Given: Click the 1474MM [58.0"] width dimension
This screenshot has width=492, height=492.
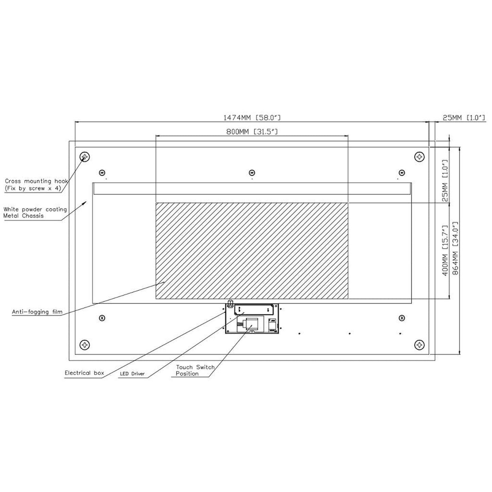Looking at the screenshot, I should [x=252, y=118].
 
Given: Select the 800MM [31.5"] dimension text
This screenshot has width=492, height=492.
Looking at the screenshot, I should [x=252, y=132].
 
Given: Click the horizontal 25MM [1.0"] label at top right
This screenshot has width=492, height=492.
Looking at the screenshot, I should [x=463, y=118].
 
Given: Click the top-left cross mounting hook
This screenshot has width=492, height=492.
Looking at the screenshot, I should [x=84, y=157].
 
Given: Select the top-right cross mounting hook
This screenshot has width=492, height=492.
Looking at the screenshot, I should [x=419, y=157].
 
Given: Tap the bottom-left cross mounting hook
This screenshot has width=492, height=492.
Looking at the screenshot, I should [x=84, y=345].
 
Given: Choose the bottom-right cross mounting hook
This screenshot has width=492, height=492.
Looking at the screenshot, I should [x=419, y=345].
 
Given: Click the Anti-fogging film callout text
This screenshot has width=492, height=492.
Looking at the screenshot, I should [x=37, y=312].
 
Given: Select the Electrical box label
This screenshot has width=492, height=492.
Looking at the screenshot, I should [x=84, y=373].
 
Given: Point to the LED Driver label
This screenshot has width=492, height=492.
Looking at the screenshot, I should [x=132, y=374].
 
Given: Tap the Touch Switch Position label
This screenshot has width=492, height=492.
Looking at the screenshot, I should [x=195, y=370].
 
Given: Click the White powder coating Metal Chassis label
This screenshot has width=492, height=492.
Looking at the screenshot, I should [x=35, y=212].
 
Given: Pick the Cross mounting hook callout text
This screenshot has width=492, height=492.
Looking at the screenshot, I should [x=36, y=185].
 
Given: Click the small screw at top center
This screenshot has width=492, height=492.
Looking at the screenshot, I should [x=252, y=172].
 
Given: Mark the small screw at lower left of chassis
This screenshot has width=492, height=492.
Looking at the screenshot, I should [x=101, y=318].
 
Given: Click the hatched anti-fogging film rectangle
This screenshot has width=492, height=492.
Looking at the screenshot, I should [x=252, y=251].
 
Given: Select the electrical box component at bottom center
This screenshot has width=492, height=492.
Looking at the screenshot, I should [x=252, y=319].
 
